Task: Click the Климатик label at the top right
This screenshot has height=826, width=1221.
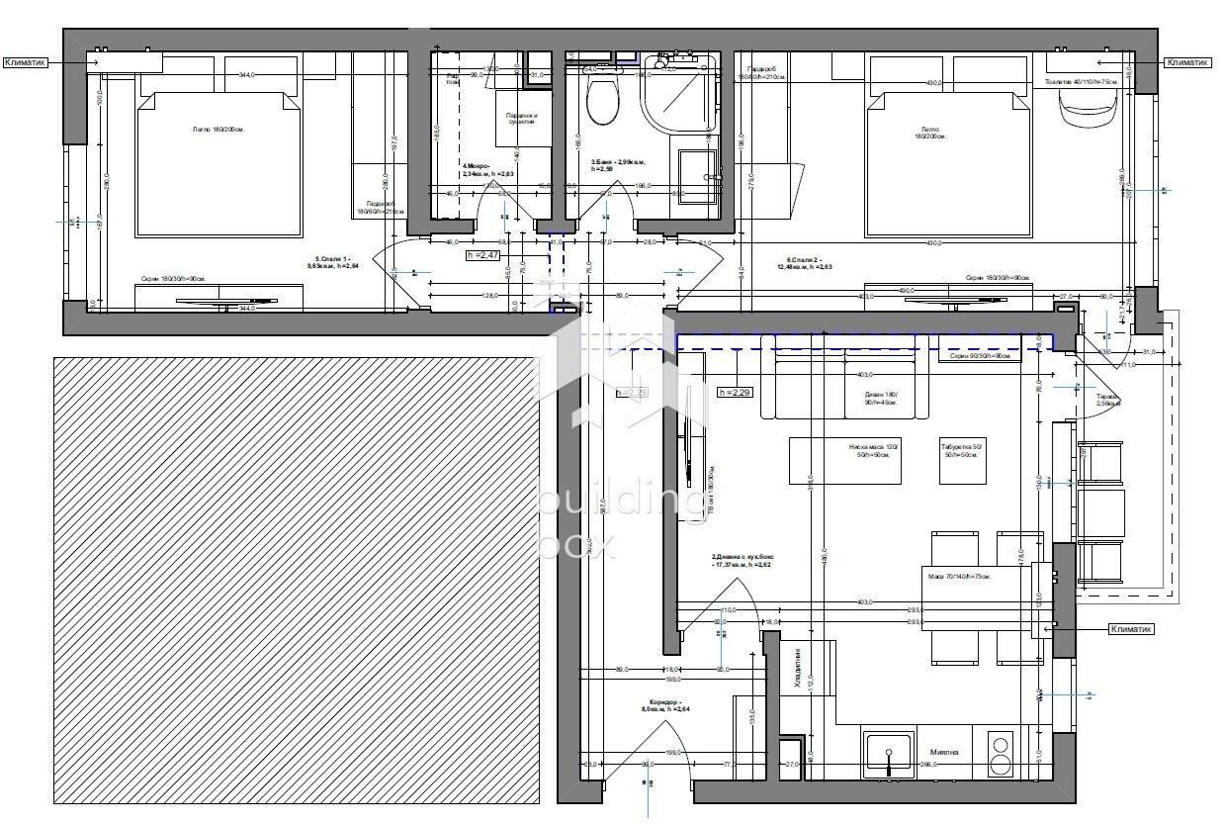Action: [x=1187, y=61]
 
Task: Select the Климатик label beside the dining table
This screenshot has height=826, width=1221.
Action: [x=1131, y=628]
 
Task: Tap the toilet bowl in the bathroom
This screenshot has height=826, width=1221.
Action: [x=601, y=100]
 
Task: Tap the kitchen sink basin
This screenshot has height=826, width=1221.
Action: [x=888, y=755]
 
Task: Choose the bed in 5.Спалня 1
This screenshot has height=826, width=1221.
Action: [x=218, y=163]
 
